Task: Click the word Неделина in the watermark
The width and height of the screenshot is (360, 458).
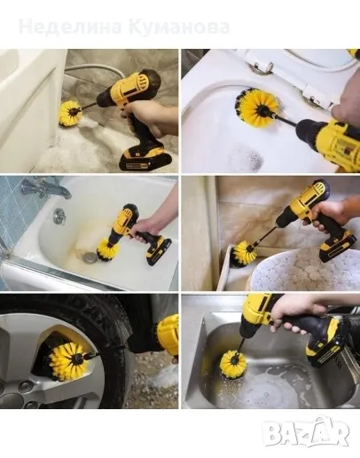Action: coord(71,28)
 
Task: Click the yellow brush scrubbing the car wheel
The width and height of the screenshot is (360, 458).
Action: coord(67,359)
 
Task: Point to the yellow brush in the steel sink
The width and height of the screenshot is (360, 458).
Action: coord(232,363)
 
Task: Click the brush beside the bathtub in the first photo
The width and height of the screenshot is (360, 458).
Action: coord(70,114)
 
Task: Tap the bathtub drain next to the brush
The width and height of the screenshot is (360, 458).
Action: coord(89,257)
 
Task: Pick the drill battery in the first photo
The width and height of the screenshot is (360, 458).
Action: coord(142,159)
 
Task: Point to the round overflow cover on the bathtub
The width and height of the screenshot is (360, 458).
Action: coord(59,215)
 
